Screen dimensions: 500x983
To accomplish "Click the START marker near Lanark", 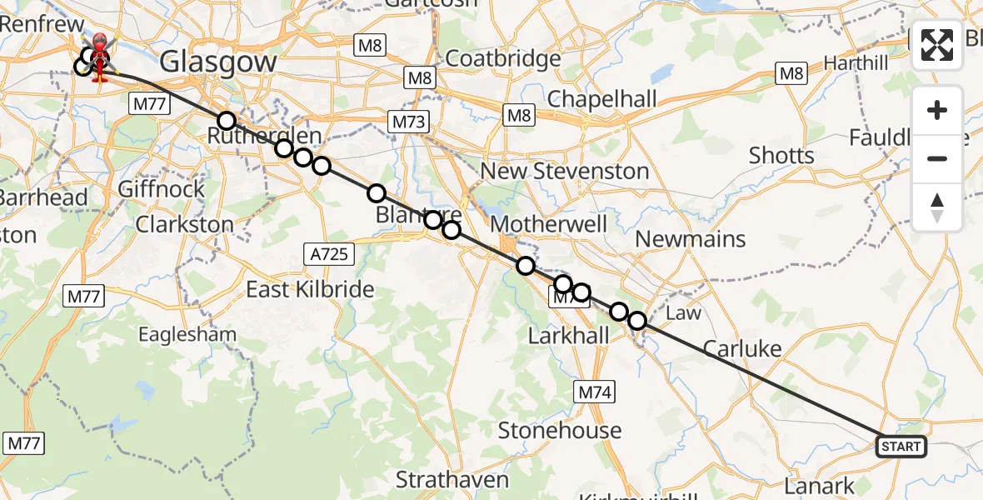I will coord(901,447).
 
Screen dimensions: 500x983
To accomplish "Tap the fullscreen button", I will coord(937,45).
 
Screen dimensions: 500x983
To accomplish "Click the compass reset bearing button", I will coord(937,207).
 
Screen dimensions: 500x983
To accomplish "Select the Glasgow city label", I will coord(217,62).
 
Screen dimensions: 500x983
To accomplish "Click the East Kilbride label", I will coord(310,289).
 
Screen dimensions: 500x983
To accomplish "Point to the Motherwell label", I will coord(549,223).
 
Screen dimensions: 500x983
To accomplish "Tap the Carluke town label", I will coord(742,348).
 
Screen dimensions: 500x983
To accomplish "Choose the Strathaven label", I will coord(452,479).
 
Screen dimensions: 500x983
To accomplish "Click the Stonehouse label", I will coord(560,430).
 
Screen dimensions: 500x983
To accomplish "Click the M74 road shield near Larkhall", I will coord(595,391).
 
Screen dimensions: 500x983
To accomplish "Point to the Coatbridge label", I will coord(503,59).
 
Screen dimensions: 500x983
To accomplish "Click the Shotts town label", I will coord(781,155).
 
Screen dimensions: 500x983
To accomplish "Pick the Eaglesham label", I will coord(187,335).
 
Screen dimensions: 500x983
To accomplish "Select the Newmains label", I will coord(691,239).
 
